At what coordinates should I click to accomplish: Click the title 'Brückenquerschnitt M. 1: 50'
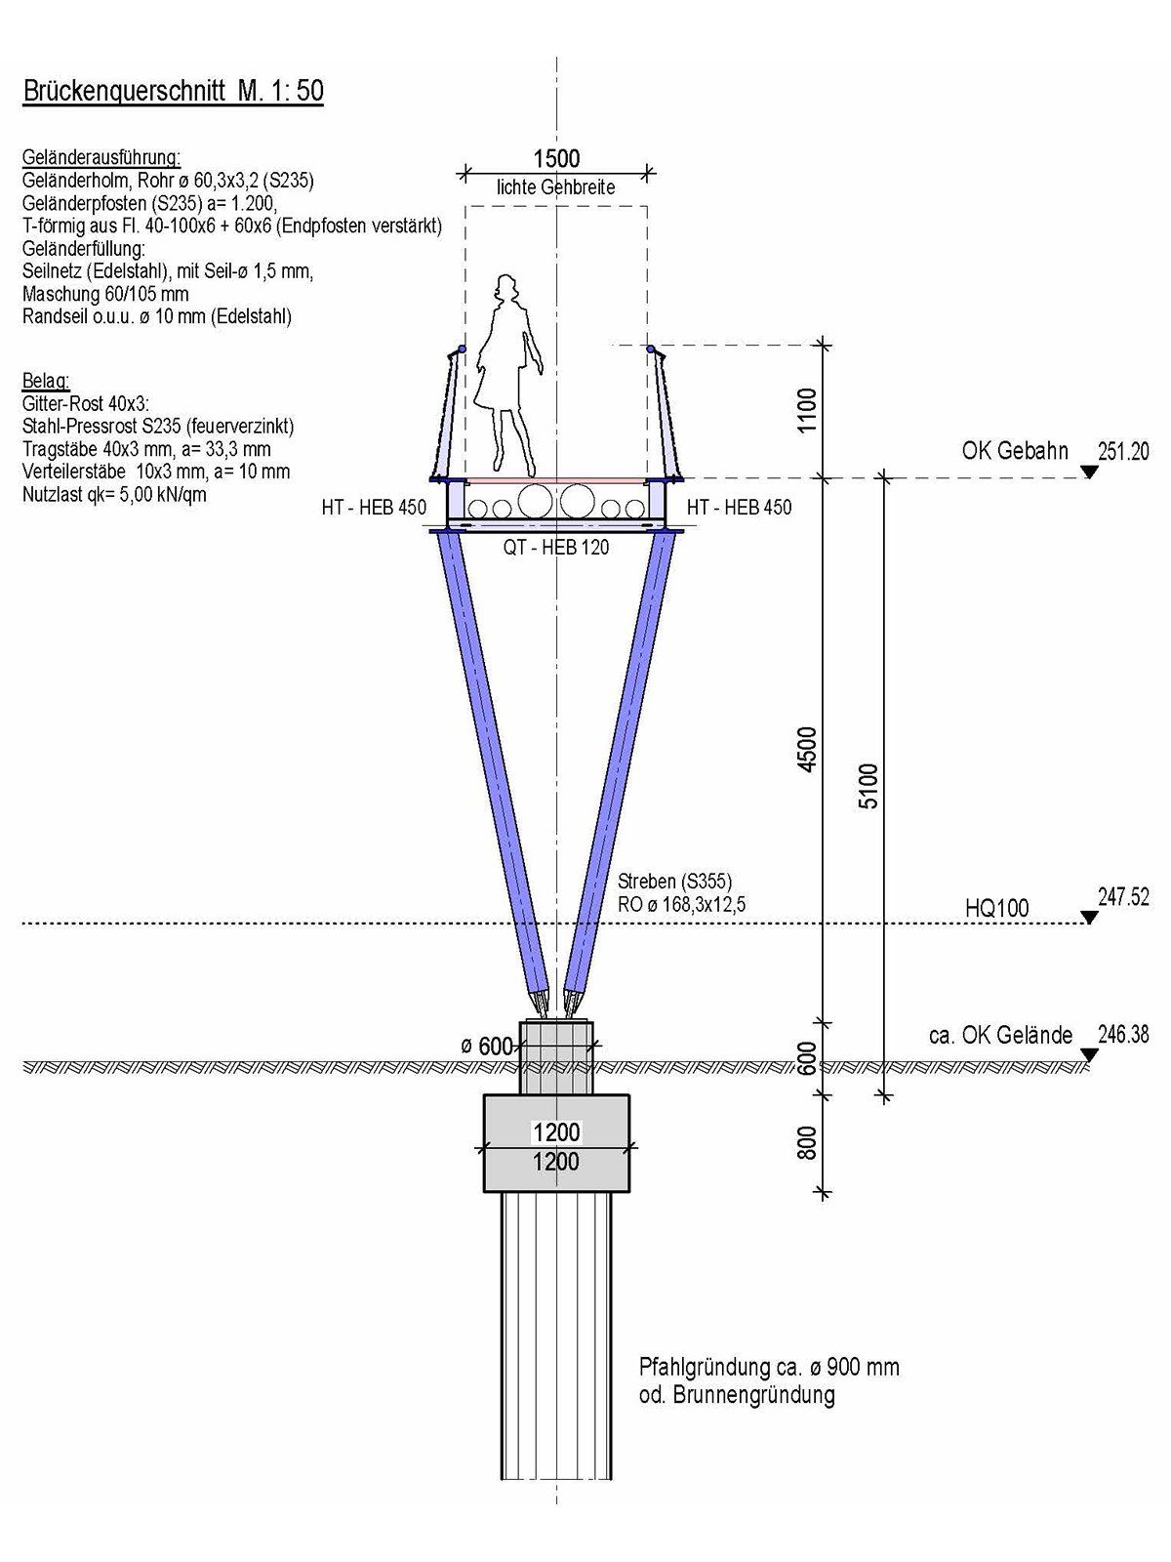(174, 91)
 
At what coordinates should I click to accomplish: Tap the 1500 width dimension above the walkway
(556, 158)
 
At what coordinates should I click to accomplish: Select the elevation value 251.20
(1123, 452)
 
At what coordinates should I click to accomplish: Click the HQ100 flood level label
(996, 908)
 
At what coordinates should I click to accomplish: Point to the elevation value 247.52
(1123, 896)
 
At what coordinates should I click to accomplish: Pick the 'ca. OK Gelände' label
(1000, 1035)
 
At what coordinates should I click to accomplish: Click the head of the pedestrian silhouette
(506, 287)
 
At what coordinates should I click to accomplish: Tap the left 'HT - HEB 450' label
(374, 507)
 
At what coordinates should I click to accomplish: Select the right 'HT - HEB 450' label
(739, 507)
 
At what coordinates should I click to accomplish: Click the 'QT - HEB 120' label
(556, 548)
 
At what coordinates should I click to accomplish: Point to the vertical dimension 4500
(808, 749)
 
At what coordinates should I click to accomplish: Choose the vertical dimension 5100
(868, 786)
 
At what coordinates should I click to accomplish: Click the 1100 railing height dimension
(808, 410)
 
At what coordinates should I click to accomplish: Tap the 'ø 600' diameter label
(487, 1047)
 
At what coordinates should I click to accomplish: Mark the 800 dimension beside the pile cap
(808, 1143)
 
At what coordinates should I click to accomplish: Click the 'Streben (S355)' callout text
(674, 882)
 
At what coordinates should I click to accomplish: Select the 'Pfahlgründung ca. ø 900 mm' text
(769, 1367)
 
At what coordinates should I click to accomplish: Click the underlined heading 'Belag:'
(46, 382)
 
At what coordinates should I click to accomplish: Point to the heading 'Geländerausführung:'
(101, 157)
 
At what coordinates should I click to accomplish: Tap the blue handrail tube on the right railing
(651, 349)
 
